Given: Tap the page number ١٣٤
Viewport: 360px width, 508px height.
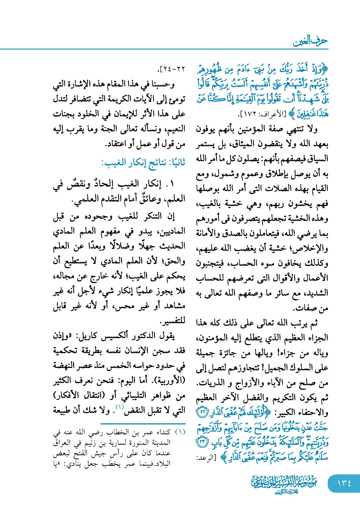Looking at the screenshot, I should coord(344,483).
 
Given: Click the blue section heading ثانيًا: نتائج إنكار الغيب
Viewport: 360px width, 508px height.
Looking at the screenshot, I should coord(143,163).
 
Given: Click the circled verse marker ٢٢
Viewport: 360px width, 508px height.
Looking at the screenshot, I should coord(202,412).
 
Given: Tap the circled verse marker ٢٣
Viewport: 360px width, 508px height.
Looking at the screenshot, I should coord(202,442).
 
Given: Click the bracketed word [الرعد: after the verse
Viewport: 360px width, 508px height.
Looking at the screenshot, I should coord(206,457).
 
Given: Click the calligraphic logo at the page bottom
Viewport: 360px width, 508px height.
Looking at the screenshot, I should coord(284,484).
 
